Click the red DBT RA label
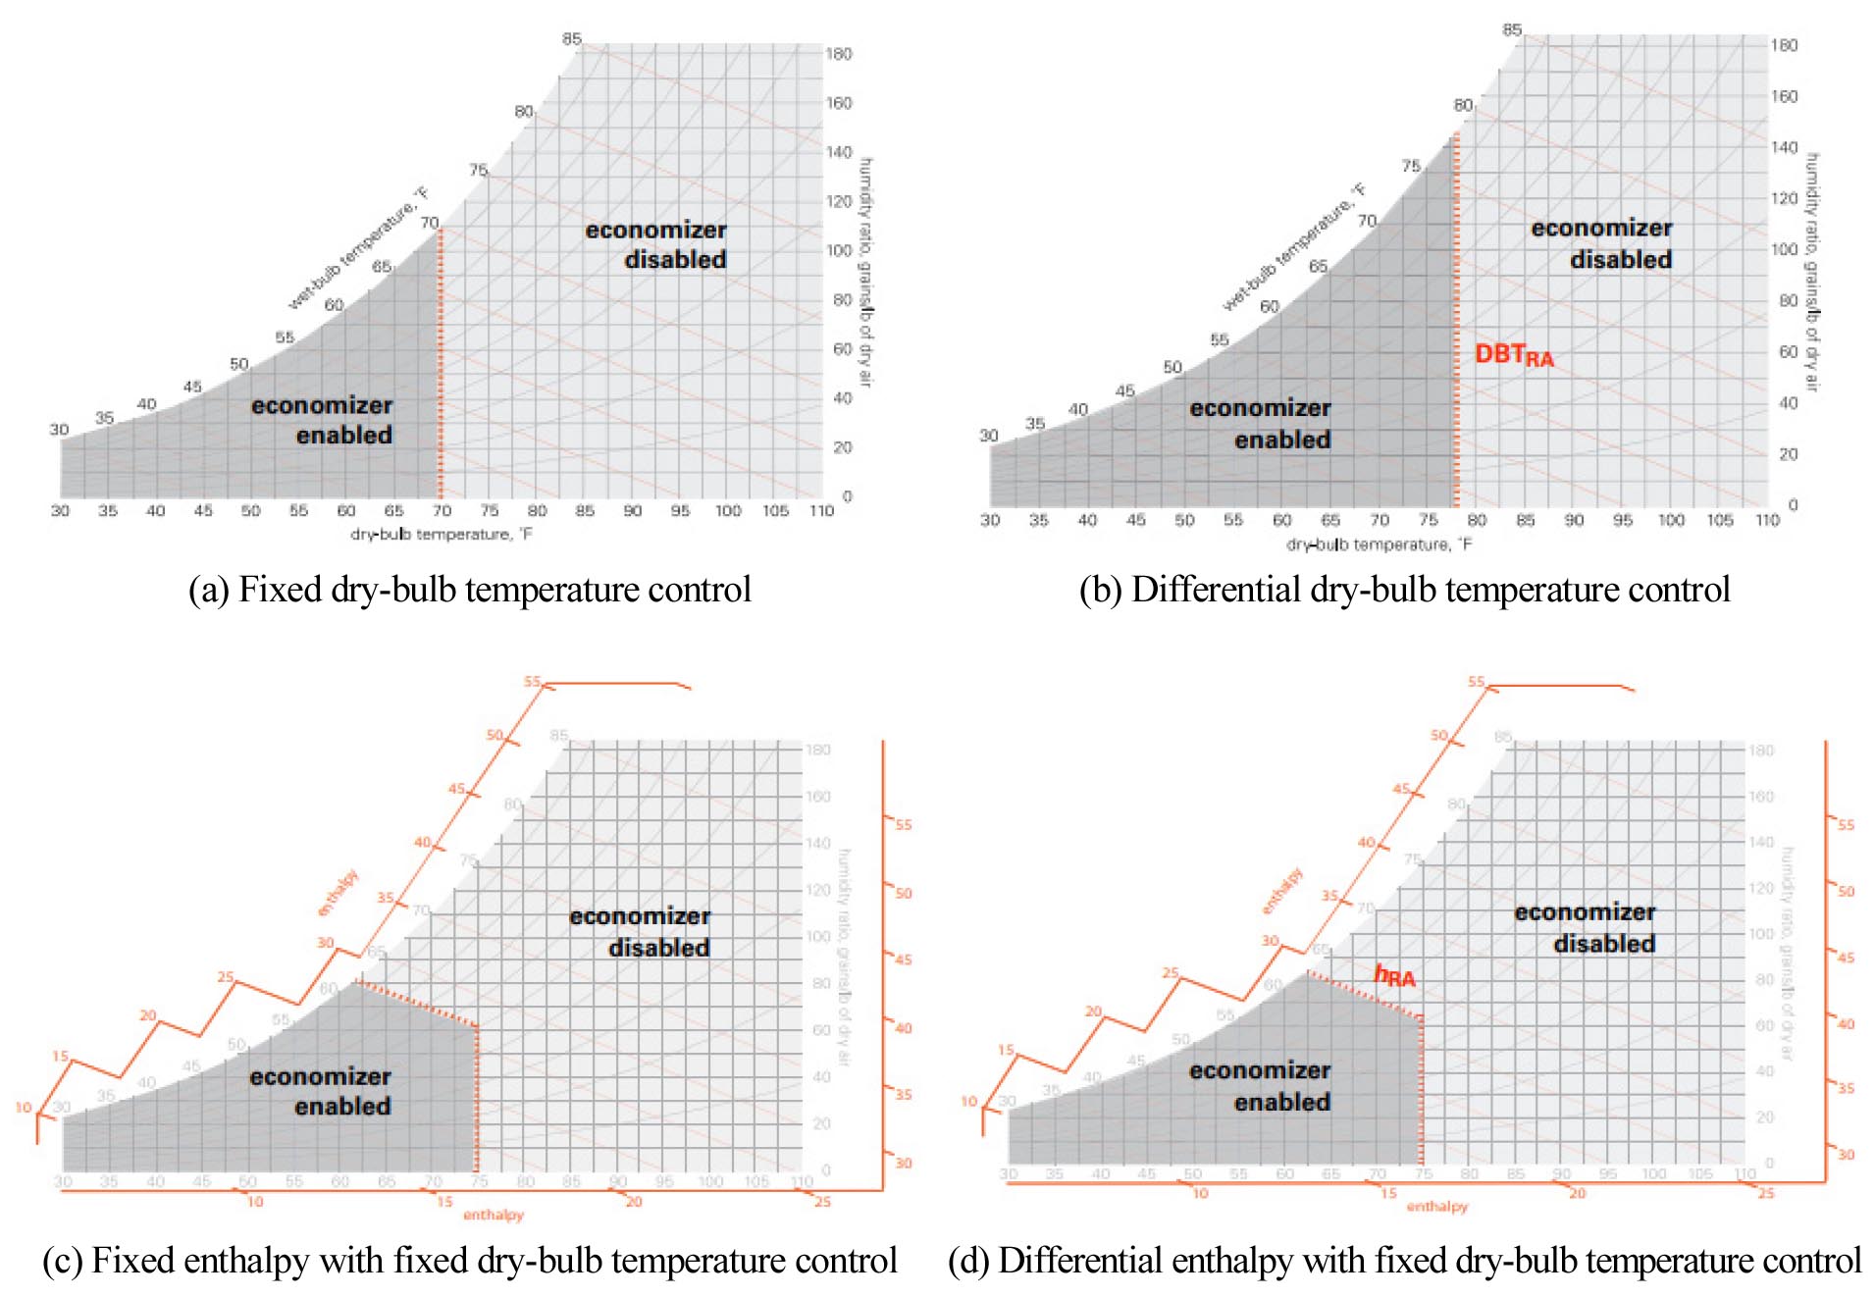click(1513, 355)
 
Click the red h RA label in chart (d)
click(1394, 976)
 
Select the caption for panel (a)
click(469, 590)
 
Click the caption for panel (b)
click(1404, 590)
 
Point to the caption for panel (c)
click(469, 1261)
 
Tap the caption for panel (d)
click(1404, 1261)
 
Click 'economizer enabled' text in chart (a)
click(322, 420)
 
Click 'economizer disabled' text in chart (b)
click(1601, 243)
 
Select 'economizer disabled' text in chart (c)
click(640, 932)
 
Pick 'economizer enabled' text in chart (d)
click(1261, 1086)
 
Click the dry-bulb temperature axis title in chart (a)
click(442, 535)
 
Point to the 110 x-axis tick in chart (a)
click(821, 511)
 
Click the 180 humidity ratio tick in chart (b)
click(1784, 45)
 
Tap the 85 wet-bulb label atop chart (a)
click(572, 39)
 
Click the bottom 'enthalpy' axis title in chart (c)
click(494, 1216)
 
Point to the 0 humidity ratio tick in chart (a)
click(847, 496)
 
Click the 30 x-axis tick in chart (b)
click(990, 520)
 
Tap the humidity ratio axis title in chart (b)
click(1812, 273)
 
